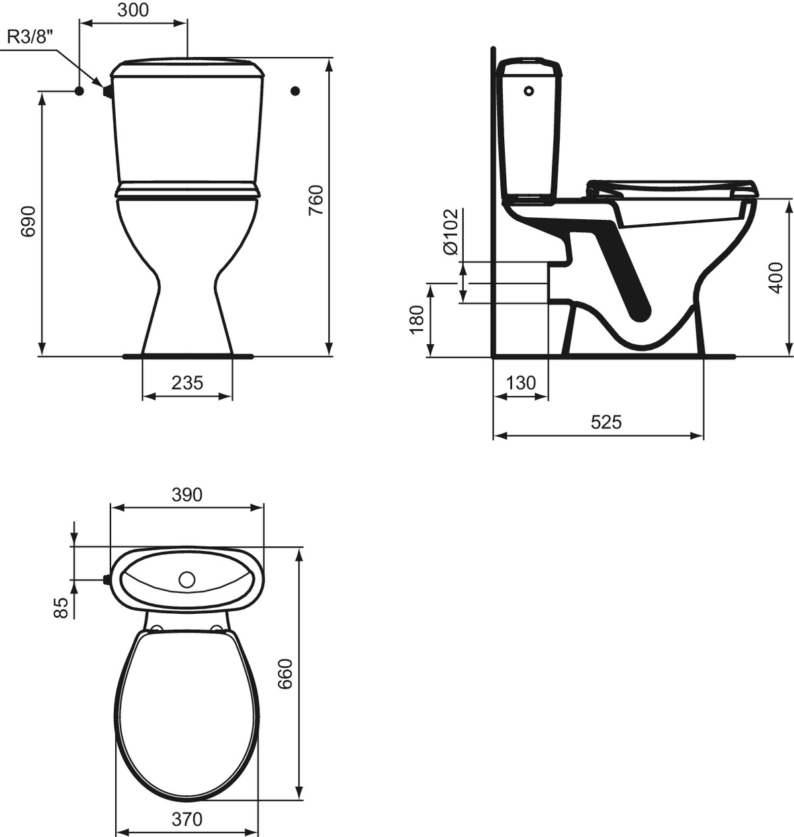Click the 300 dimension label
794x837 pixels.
[133, 10]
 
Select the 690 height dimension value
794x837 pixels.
[29, 222]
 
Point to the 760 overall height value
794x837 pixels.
[316, 200]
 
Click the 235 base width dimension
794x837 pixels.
[187, 383]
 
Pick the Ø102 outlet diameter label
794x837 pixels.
[450, 232]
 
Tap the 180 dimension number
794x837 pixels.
[417, 320]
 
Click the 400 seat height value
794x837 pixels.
[776, 277]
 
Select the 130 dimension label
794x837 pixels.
[521, 383]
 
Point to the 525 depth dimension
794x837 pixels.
[606, 422]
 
